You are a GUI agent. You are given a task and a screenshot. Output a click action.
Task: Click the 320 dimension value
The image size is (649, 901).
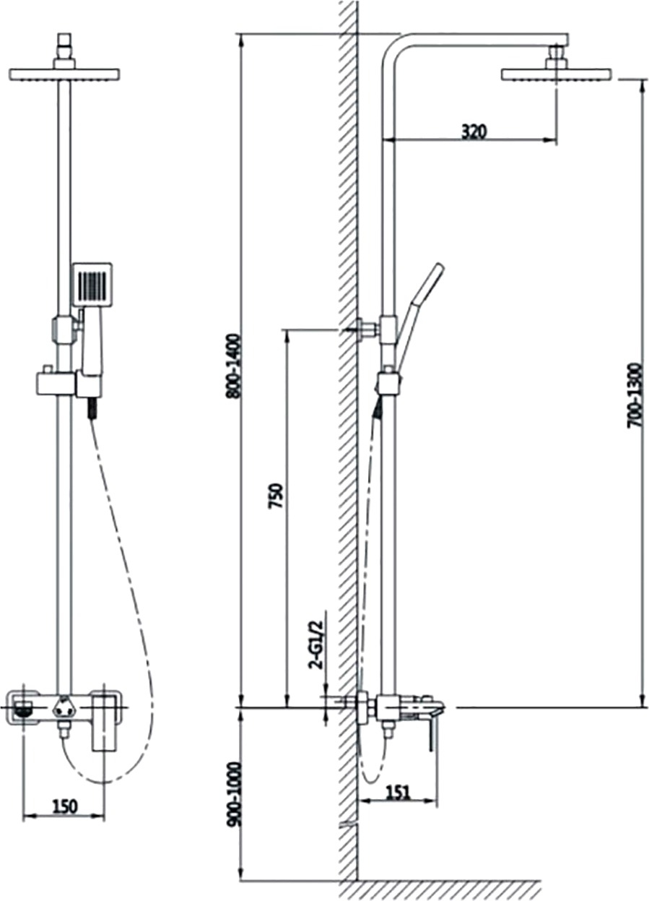click(474, 132)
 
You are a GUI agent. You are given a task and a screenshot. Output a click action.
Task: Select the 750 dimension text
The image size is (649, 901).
click(276, 497)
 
